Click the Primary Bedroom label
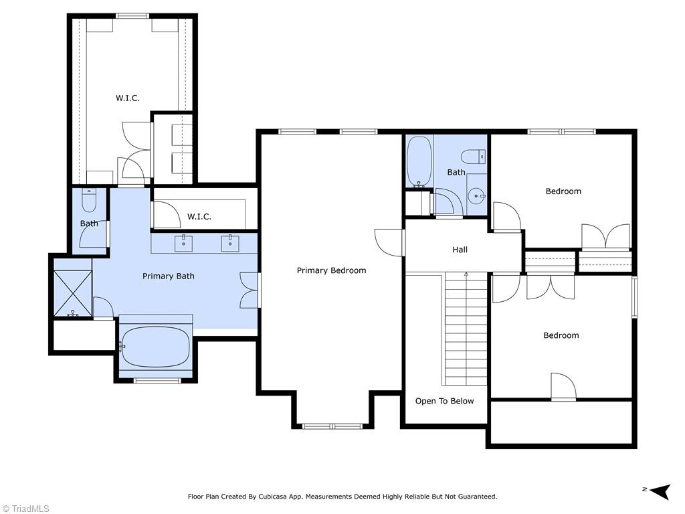pos(331,270)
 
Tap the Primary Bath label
pos(168,276)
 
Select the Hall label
pos(460,250)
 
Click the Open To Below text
pos(444,401)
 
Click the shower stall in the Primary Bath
pos(72,293)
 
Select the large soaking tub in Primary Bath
pos(156,346)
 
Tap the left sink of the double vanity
pos(183,243)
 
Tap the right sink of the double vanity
pos(230,243)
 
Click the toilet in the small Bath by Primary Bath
pos(89,199)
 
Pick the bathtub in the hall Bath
pos(419,162)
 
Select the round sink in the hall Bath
pos(476,196)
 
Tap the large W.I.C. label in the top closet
pos(127,98)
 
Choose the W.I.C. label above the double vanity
pos(199,216)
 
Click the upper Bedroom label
pos(563,191)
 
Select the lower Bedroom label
pos(561,335)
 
